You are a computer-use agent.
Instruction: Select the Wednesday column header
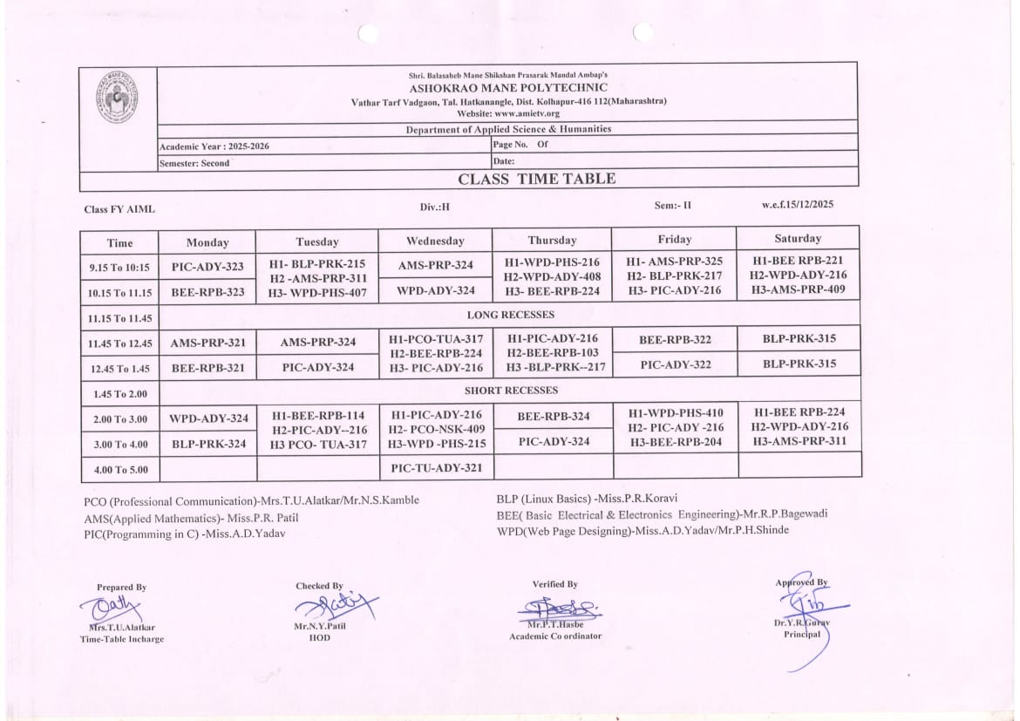(435, 241)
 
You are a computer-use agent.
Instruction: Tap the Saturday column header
(798, 238)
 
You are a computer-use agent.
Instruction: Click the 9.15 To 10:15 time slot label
(119, 268)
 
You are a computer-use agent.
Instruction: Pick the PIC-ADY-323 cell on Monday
(207, 267)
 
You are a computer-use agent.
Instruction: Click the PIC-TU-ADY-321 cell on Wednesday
(436, 468)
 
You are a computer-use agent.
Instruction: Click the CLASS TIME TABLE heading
(536, 180)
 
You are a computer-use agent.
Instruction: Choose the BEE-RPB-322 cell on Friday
(675, 339)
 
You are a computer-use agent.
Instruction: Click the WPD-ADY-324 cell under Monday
(207, 418)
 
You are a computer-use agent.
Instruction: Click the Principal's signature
(806, 603)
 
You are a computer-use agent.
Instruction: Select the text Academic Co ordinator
(555, 636)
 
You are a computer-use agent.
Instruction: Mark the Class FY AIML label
(119, 209)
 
